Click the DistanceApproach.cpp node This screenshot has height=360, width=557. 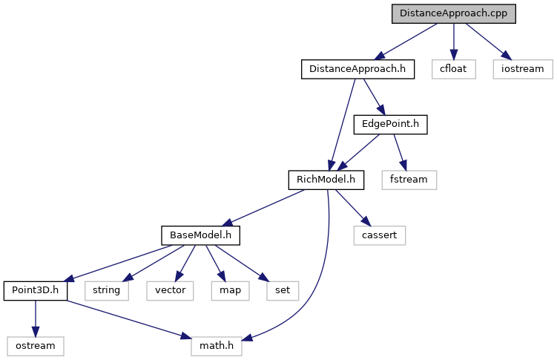(x=454, y=14)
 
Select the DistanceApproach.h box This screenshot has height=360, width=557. (x=357, y=69)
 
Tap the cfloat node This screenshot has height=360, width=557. (x=454, y=69)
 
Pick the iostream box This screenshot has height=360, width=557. (x=523, y=69)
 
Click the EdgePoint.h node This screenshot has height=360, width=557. (x=390, y=125)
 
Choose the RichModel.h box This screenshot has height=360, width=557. (x=326, y=180)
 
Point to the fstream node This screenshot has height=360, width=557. (x=409, y=180)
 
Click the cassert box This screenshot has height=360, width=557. (x=380, y=235)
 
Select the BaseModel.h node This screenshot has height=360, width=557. (x=201, y=235)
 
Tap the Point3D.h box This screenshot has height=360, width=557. (x=36, y=291)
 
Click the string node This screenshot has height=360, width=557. (x=107, y=291)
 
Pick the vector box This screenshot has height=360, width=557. (x=170, y=291)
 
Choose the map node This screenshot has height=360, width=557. (x=230, y=291)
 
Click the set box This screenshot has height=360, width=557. (x=283, y=291)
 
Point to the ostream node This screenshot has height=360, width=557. (x=36, y=346)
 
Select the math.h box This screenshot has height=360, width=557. (x=217, y=346)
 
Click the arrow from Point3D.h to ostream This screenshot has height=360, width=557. (x=35, y=318)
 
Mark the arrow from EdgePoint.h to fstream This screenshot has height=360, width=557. (x=400, y=152)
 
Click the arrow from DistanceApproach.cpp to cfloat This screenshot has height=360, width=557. (x=454, y=42)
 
